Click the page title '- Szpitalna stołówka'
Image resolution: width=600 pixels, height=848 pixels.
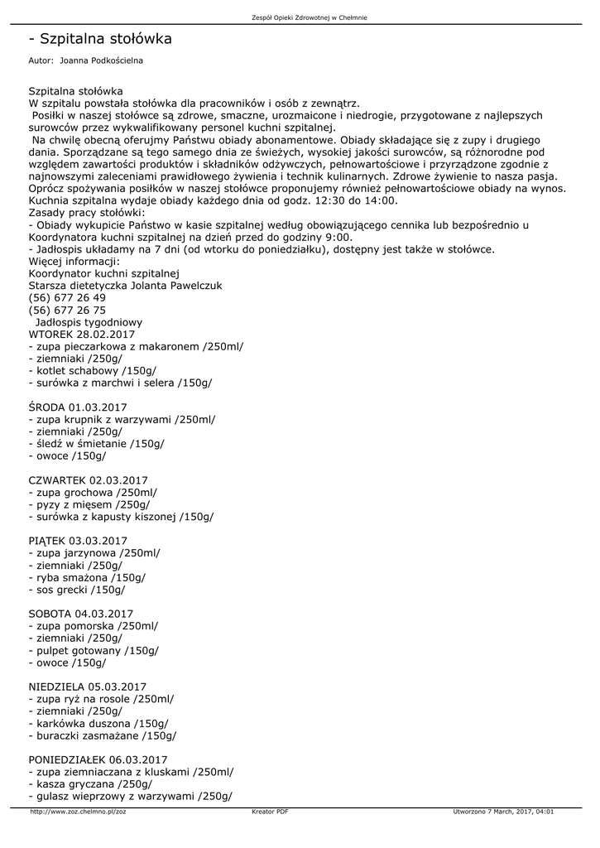pos(100,39)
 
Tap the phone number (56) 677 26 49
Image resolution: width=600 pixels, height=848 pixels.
pos(67,298)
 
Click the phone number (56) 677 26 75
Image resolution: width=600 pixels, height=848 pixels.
pos(67,310)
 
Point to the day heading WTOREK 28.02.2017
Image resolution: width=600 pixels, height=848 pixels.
pos(81,334)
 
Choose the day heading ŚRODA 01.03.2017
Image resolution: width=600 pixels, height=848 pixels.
pos(78,407)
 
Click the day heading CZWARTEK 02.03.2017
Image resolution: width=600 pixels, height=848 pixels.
pos(88,480)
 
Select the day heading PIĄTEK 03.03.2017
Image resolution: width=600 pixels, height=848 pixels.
pos(78,542)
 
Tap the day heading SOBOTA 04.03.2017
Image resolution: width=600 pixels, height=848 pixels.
pos(80,614)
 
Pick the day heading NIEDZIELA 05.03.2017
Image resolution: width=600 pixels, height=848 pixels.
pos(87,687)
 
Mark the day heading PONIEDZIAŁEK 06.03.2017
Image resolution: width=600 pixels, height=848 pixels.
pos(98,760)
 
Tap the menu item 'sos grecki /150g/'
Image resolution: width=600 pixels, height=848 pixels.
pos(79,590)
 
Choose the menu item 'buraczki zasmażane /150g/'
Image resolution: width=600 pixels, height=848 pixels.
pos(105,735)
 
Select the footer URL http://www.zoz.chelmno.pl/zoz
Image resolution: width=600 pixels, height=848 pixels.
pos(78,812)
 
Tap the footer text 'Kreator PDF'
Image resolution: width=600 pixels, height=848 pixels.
pos(270,812)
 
